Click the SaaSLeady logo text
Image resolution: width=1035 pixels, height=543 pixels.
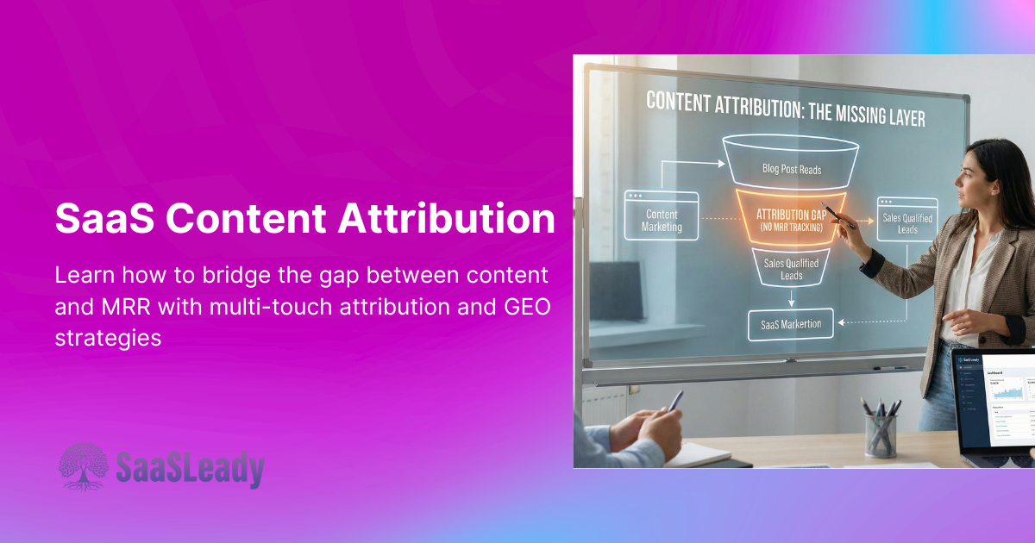click(190, 470)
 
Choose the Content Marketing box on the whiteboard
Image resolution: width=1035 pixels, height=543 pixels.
click(662, 221)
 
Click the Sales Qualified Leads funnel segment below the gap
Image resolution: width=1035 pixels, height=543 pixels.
click(791, 268)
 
